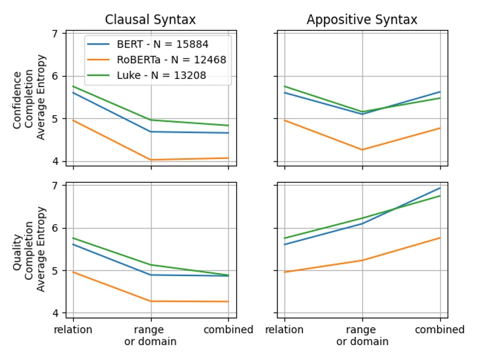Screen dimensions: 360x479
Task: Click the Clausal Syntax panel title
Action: tap(150, 19)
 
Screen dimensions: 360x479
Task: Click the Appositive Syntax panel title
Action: tap(362, 19)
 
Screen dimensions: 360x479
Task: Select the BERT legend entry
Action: tap(162, 44)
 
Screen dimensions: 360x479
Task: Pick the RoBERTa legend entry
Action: tap(171, 60)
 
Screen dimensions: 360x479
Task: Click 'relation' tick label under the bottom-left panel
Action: tap(73, 330)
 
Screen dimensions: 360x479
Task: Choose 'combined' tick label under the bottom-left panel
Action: tap(228, 330)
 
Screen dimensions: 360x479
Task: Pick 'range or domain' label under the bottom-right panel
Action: tap(362, 336)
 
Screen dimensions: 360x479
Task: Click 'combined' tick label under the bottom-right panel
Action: tap(440, 330)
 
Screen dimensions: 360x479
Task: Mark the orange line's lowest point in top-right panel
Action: tap(362, 150)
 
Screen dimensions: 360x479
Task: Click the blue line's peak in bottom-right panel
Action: tap(440, 188)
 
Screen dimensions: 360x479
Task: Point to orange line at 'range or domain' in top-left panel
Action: tap(150, 160)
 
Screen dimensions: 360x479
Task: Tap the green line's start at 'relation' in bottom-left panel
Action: tap(73, 238)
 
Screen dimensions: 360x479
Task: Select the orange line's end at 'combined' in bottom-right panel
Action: tap(440, 238)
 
